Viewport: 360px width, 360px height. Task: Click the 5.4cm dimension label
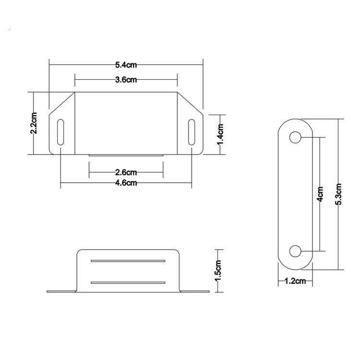pyautogui.click(x=126, y=65)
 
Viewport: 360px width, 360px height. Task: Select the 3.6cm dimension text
pyautogui.click(x=126, y=80)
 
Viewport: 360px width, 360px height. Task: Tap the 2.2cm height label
pyautogui.click(x=34, y=123)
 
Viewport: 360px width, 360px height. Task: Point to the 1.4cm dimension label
pyautogui.click(x=220, y=134)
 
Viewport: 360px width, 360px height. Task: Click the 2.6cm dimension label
pyautogui.click(x=126, y=172)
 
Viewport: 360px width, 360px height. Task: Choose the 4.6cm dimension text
pyautogui.click(x=126, y=183)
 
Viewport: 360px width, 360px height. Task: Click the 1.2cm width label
pyautogui.click(x=295, y=281)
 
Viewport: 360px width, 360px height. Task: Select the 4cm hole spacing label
pyautogui.click(x=320, y=194)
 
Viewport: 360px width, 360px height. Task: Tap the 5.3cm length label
pyautogui.click(x=339, y=194)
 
